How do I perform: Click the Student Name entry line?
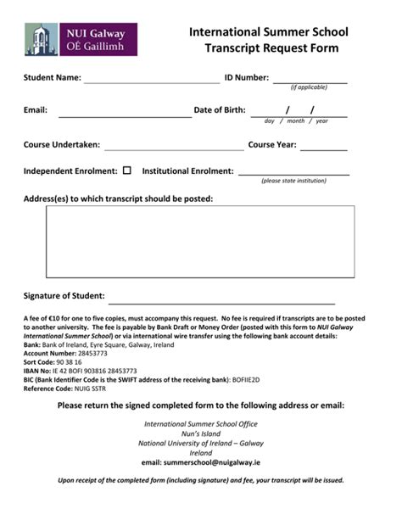(x=151, y=82)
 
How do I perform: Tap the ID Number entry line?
(x=310, y=81)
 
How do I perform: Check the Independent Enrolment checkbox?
(x=127, y=171)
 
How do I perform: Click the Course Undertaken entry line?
(x=172, y=148)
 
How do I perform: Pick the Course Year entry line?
(x=323, y=148)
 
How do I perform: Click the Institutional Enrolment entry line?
(x=293, y=174)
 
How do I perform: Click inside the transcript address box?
(x=200, y=241)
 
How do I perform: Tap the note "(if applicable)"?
(x=309, y=87)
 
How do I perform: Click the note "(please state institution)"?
(x=293, y=181)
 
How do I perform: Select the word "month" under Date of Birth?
(x=295, y=121)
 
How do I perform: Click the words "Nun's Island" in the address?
(x=201, y=433)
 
